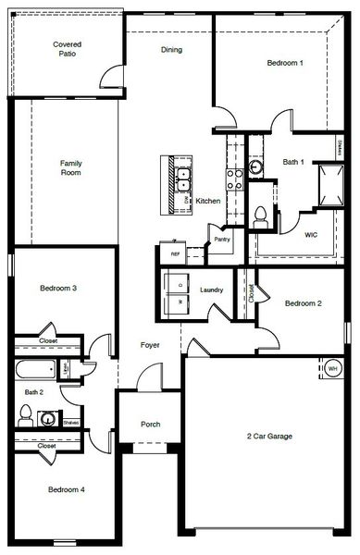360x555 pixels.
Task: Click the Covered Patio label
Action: click(67, 49)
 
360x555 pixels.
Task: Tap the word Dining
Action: click(171, 50)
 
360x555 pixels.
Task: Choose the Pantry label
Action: click(222, 240)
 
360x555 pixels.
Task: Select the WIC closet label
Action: click(312, 235)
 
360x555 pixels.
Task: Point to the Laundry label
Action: click(211, 290)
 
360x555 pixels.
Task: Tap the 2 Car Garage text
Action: click(268, 436)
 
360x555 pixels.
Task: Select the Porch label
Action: click(150, 425)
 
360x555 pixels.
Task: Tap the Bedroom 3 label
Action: click(57, 289)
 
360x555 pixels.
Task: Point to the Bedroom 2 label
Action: click(304, 303)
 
